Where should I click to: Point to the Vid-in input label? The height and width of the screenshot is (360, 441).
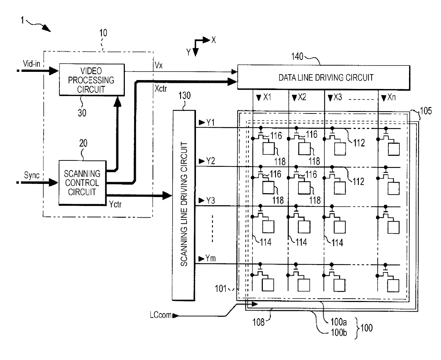coord(32,64)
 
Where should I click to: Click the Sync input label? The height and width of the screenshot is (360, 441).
coord(32,175)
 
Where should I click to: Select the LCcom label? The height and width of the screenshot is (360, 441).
coord(161,315)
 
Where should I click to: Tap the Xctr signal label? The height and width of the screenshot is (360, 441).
coord(161,89)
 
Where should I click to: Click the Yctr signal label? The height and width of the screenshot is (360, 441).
coord(115,204)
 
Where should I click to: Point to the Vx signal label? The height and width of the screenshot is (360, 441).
coord(159,65)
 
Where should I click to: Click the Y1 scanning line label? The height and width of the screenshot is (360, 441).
coord(210,122)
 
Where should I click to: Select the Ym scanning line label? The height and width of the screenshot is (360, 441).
coord(210,258)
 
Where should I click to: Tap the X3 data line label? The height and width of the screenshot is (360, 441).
coord(338,97)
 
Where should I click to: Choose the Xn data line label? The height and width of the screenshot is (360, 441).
coord(392,97)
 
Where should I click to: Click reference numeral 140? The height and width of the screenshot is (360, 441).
coord(297,57)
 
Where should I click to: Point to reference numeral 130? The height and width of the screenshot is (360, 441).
coord(185,95)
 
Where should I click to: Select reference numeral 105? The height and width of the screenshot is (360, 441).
coord(426,111)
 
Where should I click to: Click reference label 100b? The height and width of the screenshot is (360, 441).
coord(339,332)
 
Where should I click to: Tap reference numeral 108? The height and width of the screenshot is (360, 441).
coord(259,322)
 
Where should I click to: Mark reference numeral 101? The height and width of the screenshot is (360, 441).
coord(220,288)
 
